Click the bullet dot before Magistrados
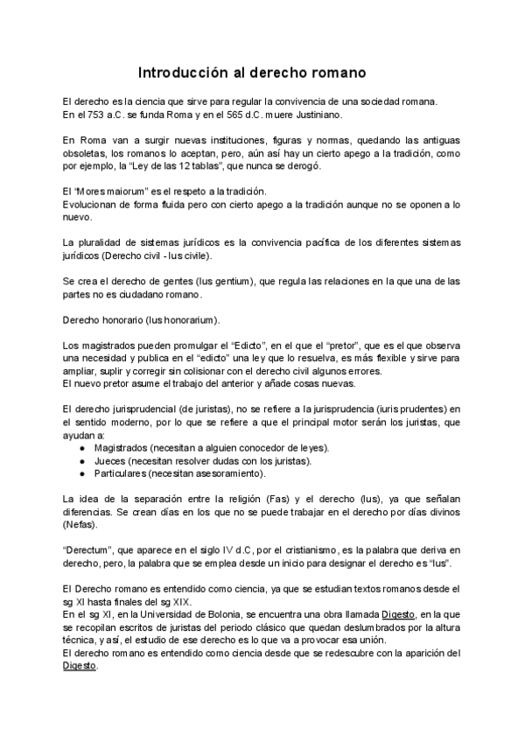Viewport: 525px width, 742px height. pyautogui.click(x=81, y=448)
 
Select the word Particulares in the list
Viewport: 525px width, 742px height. pyautogui.click(x=119, y=473)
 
